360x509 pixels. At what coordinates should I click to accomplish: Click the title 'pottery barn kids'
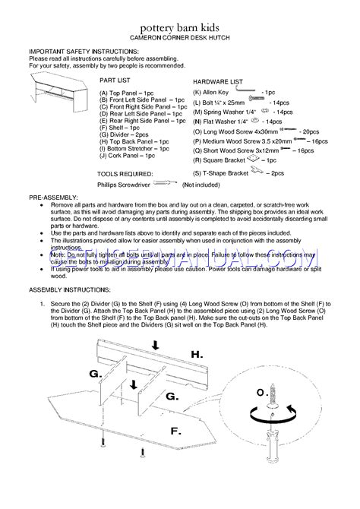[x=180, y=25]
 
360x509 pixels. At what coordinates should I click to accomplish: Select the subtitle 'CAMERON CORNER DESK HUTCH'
[x=180, y=36]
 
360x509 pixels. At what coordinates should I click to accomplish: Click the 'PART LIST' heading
[x=115, y=79]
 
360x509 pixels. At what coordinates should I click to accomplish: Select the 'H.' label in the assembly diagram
[x=197, y=354]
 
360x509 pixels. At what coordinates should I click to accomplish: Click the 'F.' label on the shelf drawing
[x=175, y=431]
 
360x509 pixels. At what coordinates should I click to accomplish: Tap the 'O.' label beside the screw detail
[x=261, y=392]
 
